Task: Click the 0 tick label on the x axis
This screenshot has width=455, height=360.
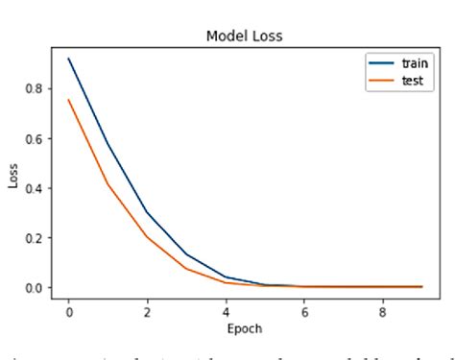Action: [69, 311]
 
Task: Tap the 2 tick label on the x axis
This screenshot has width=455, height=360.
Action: [146, 311]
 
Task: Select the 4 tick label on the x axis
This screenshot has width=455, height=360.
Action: [225, 311]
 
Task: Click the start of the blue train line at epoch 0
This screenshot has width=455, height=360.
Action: [69, 59]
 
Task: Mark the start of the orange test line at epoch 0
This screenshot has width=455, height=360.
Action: [69, 100]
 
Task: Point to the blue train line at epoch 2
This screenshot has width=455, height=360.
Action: [147, 212]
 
